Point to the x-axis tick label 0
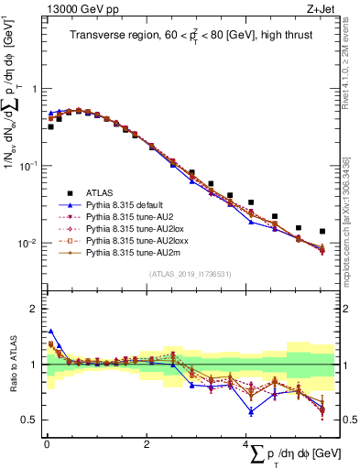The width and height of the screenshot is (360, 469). [47, 444]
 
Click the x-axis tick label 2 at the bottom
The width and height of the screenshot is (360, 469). [147, 444]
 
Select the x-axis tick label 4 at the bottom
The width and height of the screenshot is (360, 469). [246, 444]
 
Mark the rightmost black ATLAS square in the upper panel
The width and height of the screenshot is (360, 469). [322, 232]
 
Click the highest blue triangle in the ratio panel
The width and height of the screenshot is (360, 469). [49, 332]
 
